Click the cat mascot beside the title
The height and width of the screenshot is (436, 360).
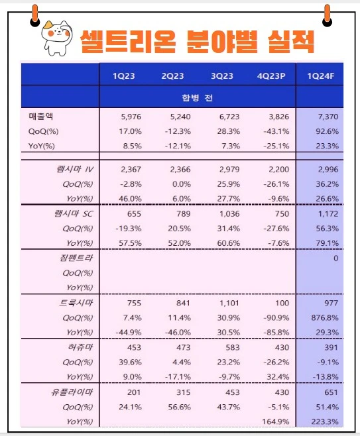(56, 37)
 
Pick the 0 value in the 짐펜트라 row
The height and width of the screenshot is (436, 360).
(335, 258)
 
